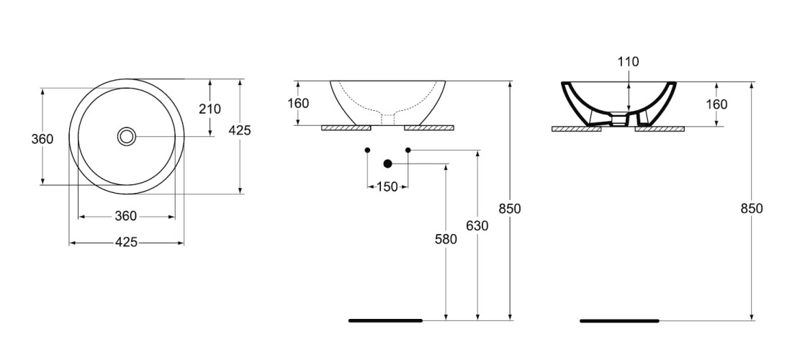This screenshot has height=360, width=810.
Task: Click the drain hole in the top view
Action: click(x=127, y=136)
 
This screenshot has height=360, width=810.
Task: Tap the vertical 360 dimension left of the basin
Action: click(x=42, y=138)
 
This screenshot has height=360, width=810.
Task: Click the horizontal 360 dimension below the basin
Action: click(x=126, y=216)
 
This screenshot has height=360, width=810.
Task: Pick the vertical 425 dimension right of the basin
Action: click(x=240, y=130)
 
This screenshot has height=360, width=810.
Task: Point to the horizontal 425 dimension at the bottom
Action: click(x=126, y=243)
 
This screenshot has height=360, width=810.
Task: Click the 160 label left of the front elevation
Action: click(x=297, y=104)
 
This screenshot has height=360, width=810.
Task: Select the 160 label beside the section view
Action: click(x=716, y=104)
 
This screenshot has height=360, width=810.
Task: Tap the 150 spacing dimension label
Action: click(x=387, y=187)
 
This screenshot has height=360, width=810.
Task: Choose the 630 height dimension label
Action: click(x=477, y=225)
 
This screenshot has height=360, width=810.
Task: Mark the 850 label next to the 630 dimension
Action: click(x=509, y=208)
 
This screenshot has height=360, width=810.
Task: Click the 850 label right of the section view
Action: click(x=751, y=208)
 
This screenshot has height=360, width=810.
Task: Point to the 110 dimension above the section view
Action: click(x=628, y=62)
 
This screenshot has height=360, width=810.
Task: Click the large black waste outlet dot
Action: click(x=387, y=163)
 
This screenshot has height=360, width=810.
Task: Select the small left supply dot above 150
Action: click(x=368, y=150)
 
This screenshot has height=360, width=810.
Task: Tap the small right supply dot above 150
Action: click(x=408, y=150)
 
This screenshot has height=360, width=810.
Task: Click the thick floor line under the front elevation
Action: click(x=385, y=320)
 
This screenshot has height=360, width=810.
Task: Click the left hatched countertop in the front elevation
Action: click(x=346, y=128)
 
